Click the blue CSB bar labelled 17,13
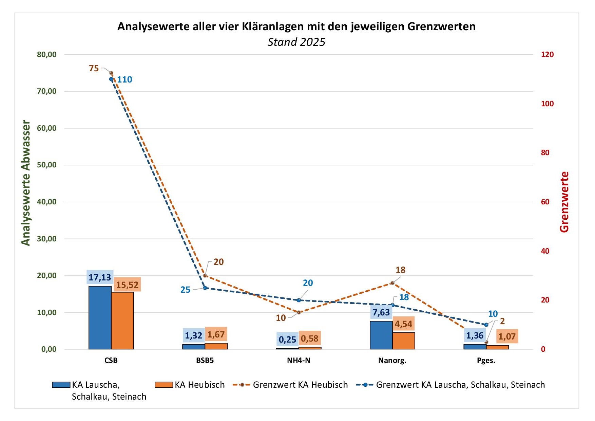(100, 317)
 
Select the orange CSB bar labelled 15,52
(122, 321)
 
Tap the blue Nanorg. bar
(381, 335)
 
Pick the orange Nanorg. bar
(403, 341)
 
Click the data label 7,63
(381, 312)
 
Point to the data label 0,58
(310, 338)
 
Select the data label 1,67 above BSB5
(216, 335)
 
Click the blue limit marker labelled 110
(111, 79)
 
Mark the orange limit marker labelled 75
(111, 73)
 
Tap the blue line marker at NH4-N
(299, 300)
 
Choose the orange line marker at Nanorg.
(392, 283)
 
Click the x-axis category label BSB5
(205, 361)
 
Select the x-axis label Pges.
(486, 361)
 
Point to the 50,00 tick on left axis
(47, 165)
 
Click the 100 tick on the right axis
(547, 104)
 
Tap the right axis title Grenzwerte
(564, 202)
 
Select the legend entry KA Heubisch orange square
(164, 385)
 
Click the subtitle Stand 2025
(296, 42)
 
